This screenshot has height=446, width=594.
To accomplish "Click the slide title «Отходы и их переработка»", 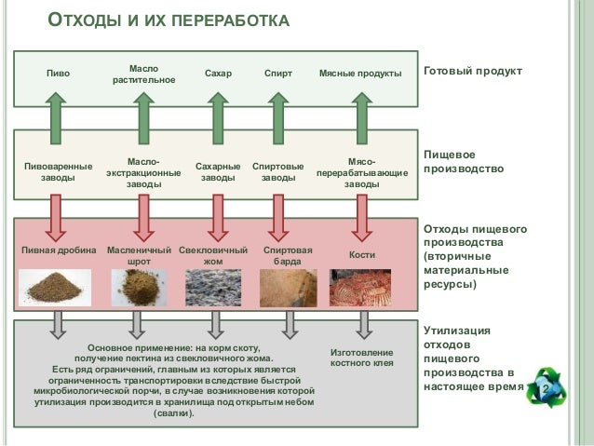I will click(169, 20).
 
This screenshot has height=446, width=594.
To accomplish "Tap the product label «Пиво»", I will click(58, 74).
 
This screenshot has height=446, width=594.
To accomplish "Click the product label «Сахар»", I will click(218, 74).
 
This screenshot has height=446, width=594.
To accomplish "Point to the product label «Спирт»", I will click(278, 74).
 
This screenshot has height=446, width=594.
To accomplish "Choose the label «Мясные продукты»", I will click(360, 74).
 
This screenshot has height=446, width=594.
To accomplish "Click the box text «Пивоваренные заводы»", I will click(58, 172).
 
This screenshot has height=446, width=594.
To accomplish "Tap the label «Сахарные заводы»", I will click(218, 172).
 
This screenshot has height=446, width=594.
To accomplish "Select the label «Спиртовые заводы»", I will click(278, 172).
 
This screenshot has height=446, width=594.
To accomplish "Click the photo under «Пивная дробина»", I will click(57, 288).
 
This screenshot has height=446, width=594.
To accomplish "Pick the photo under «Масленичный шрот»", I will click(138, 288).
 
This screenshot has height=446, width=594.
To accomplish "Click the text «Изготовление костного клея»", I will click(361, 357).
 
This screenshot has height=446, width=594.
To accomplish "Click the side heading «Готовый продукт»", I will click(473, 72).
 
